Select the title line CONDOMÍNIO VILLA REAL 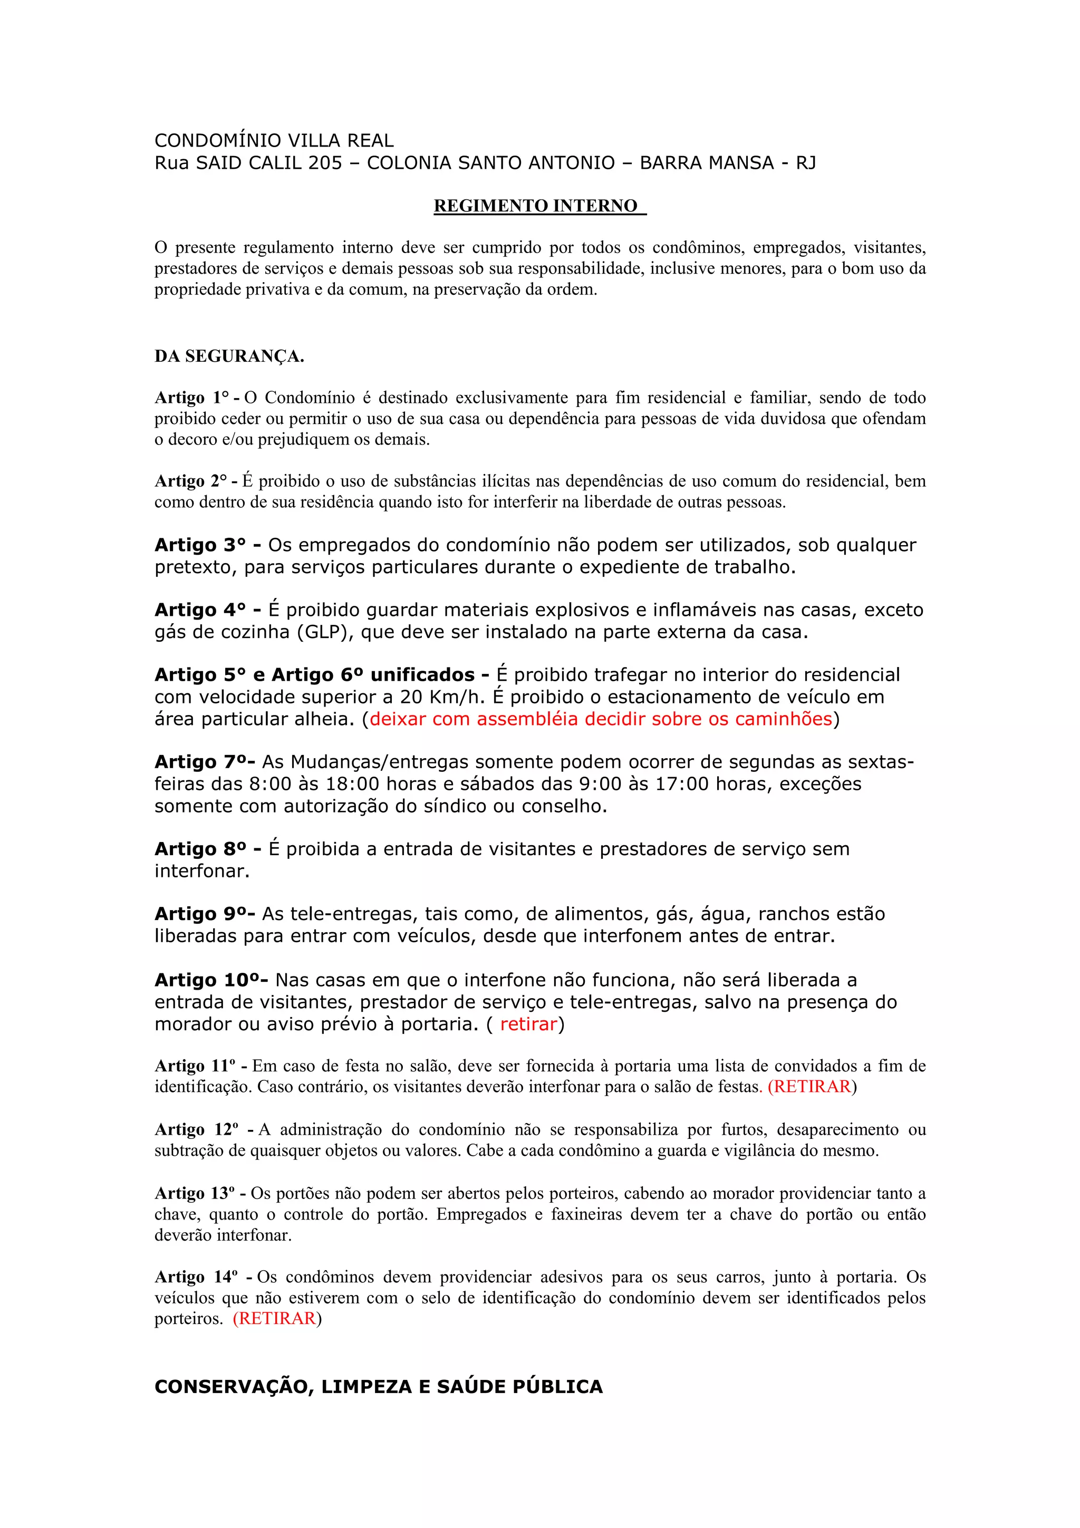pos(274,140)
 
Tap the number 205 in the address pos(325,163)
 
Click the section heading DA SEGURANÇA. pos(229,357)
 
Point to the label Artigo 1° pos(191,398)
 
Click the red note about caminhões pos(600,719)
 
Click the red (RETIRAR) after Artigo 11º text pos(810,1087)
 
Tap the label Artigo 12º pos(196,1130)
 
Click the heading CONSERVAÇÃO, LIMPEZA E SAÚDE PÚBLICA pos(378,1387)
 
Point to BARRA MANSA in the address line pos(706,163)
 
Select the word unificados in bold pos(422,675)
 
